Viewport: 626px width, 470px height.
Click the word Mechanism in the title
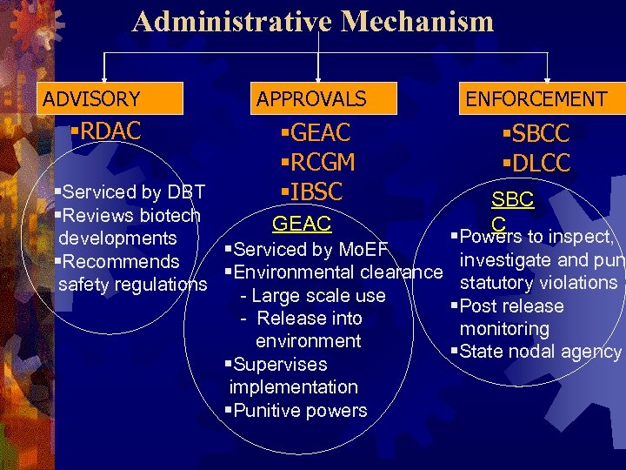(x=416, y=21)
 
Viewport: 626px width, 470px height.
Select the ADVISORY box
(x=91, y=99)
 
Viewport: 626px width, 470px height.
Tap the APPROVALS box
(x=310, y=99)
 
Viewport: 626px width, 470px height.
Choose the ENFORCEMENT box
(x=536, y=99)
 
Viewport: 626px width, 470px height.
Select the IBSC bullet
(x=312, y=191)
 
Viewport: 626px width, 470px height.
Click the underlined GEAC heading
(x=302, y=224)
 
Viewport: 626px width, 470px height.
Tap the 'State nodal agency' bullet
(x=538, y=352)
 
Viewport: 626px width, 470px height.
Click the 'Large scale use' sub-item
(x=316, y=296)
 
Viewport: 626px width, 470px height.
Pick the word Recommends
(x=121, y=261)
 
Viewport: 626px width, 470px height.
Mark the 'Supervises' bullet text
(x=279, y=364)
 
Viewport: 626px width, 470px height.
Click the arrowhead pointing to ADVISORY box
(x=104, y=78)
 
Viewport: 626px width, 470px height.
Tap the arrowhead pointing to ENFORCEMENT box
(x=548, y=78)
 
